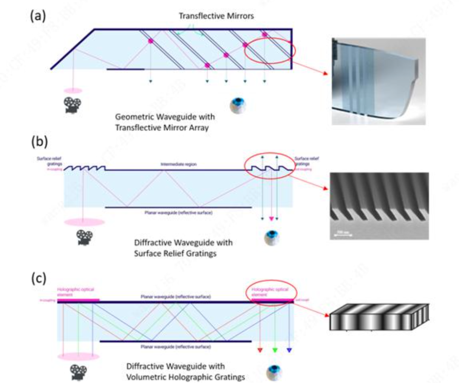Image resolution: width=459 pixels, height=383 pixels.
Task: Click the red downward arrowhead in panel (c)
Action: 260,350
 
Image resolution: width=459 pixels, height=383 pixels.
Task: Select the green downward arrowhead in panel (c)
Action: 275,350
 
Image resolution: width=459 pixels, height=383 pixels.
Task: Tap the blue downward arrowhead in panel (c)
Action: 289,350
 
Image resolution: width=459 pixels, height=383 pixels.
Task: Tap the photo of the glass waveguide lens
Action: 378,81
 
